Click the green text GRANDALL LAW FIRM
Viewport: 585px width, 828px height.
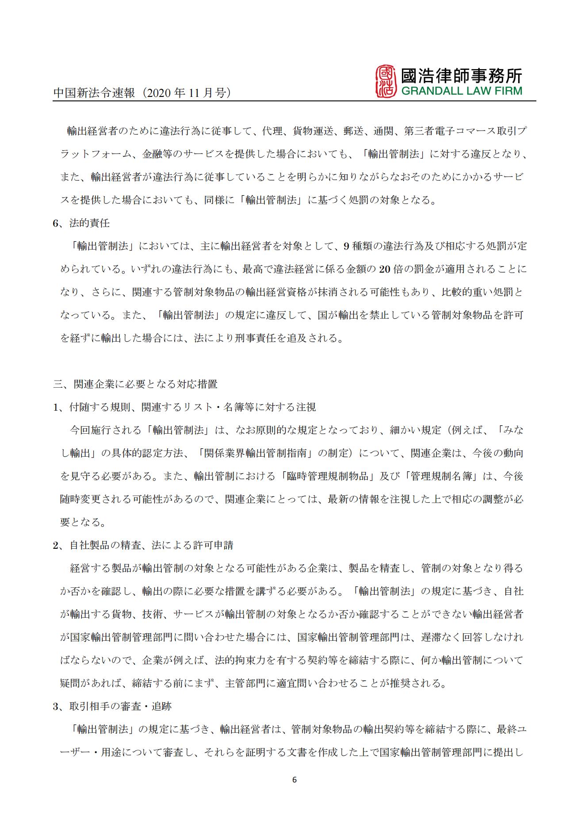tap(461, 91)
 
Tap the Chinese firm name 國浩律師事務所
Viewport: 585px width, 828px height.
tap(461, 75)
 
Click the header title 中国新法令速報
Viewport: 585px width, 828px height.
tap(94, 93)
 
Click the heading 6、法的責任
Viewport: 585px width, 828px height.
tap(81, 223)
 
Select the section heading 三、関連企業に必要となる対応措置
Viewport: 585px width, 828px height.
tap(135, 384)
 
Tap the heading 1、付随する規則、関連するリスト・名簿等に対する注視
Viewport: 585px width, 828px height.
tap(184, 407)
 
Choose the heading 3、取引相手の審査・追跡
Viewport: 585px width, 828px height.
tap(112, 706)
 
